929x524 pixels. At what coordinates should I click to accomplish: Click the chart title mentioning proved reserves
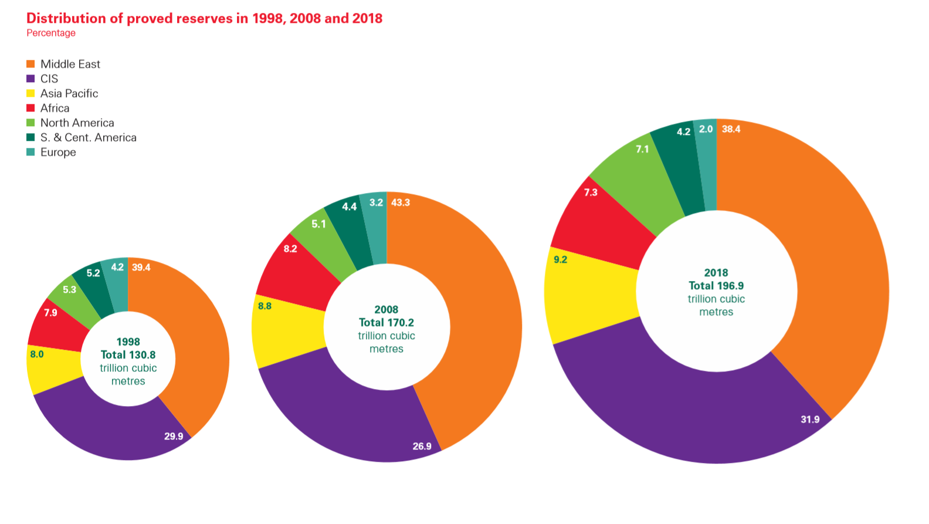tap(204, 18)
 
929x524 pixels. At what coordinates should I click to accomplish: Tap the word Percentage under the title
tap(51, 33)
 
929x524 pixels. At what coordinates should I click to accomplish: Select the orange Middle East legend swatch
tap(30, 64)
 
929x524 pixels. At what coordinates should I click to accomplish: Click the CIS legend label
tap(49, 79)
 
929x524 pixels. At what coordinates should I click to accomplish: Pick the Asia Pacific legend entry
tap(69, 93)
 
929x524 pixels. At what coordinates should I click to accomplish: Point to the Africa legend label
tap(55, 108)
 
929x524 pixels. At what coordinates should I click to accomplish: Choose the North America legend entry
tap(77, 123)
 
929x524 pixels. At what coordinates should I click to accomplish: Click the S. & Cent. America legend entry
tap(88, 137)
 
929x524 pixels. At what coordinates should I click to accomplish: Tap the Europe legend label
tap(58, 152)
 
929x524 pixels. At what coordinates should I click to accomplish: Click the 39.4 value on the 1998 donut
tap(141, 268)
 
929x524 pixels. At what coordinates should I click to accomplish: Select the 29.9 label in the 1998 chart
tap(174, 436)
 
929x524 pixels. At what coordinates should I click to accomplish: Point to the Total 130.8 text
tap(128, 354)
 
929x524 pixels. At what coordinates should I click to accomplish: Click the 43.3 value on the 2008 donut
tap(401, 202)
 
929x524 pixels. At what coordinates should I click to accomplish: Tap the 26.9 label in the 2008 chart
tap(422, 446)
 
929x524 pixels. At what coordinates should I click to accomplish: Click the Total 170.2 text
tap(386, 322)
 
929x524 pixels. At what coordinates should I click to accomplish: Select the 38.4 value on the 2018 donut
tap(731, 129)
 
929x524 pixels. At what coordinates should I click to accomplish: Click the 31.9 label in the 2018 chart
tap(810, 419)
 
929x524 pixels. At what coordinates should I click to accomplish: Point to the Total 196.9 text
tap(716, 286)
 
